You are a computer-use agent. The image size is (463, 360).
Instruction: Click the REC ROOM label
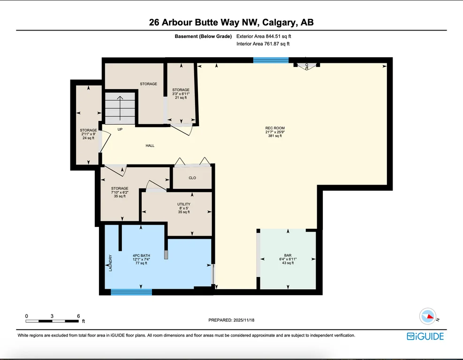(x=275, y=128)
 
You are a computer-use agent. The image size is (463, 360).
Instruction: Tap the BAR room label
(x=288, y=255)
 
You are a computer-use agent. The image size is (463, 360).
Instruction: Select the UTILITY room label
(x=184, y=204)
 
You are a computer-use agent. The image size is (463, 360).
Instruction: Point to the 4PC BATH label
(x=142, y=255)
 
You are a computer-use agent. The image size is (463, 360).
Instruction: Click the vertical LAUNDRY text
(x=110, y=263)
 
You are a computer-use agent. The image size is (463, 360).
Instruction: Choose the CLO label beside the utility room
(x=192, y=178)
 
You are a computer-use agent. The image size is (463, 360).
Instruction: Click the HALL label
(x=150, y=145)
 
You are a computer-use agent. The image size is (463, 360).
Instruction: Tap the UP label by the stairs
(x=120, y=129)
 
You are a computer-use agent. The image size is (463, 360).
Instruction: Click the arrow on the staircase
(x=120, y=108)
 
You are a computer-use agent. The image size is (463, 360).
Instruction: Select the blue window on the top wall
(x=271, y=60)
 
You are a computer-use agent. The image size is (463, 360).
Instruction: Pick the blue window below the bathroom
(x=131, y=292)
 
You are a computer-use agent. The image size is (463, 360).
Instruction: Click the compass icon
(x=428, y=316)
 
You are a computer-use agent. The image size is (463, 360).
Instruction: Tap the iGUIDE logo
(x=425, y=337)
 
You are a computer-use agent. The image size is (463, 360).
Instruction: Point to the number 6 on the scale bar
(x=78, y=316)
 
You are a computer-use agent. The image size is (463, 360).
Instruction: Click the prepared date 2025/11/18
(x=244, y=320)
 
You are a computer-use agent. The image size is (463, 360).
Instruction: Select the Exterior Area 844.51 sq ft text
(x=264, y=36)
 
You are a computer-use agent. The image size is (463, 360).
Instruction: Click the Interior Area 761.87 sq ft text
(x=263, y=44)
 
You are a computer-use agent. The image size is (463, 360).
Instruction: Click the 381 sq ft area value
(x=275, y=136)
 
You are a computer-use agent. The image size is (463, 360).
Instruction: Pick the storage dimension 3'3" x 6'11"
(x=181, y=94)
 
